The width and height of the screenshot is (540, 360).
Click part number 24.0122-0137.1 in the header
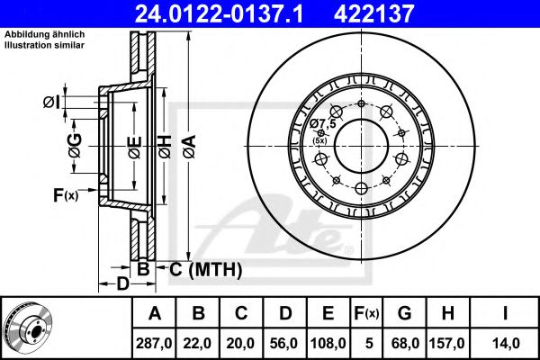point(219,13)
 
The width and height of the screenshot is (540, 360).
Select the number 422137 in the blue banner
point(373,13)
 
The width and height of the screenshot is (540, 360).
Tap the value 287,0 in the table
point(154,343)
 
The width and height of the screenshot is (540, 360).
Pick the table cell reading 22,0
point(197,343)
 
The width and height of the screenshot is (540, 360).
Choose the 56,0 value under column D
point(284,343)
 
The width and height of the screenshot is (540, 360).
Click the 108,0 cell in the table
point(328,343)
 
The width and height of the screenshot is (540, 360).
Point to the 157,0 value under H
point(447,343)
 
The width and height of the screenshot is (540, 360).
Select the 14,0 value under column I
point(505,343)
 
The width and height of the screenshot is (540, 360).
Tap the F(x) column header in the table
point(366,313)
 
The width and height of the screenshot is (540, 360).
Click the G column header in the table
point(405,313)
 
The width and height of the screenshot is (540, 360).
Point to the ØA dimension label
point(189,147)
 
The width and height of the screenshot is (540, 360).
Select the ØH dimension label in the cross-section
point(165,147)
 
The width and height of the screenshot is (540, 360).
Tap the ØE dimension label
point(135,148)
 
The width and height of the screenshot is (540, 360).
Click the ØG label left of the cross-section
point(75,146)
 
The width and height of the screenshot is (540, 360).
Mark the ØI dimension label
point(51,103)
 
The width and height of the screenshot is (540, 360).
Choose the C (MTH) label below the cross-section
point(205,269)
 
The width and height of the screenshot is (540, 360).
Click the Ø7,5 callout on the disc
point(322,123)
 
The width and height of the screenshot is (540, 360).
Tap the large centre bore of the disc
point(361,146)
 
